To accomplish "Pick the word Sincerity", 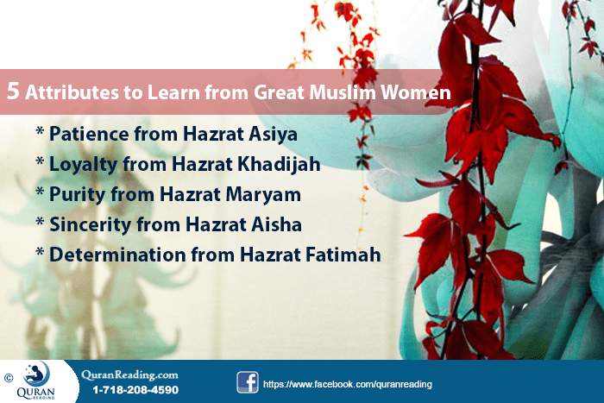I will click(88, 225).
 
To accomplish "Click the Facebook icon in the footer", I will click(248, 382).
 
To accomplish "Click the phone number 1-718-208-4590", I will click(135, 390).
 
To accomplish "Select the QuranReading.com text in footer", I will click(130, 374).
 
